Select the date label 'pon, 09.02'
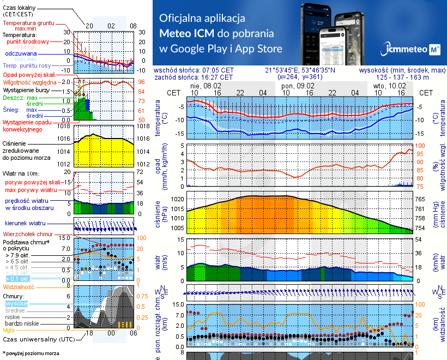tap(298, 86)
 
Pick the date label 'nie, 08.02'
tap(206, 86)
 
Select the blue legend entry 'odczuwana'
tap(21, 54)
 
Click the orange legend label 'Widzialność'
tap(19, 286)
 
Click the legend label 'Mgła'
tap(9, 331)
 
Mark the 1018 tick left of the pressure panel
tap(64, 127)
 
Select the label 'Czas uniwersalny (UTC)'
tap(33, 339)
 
